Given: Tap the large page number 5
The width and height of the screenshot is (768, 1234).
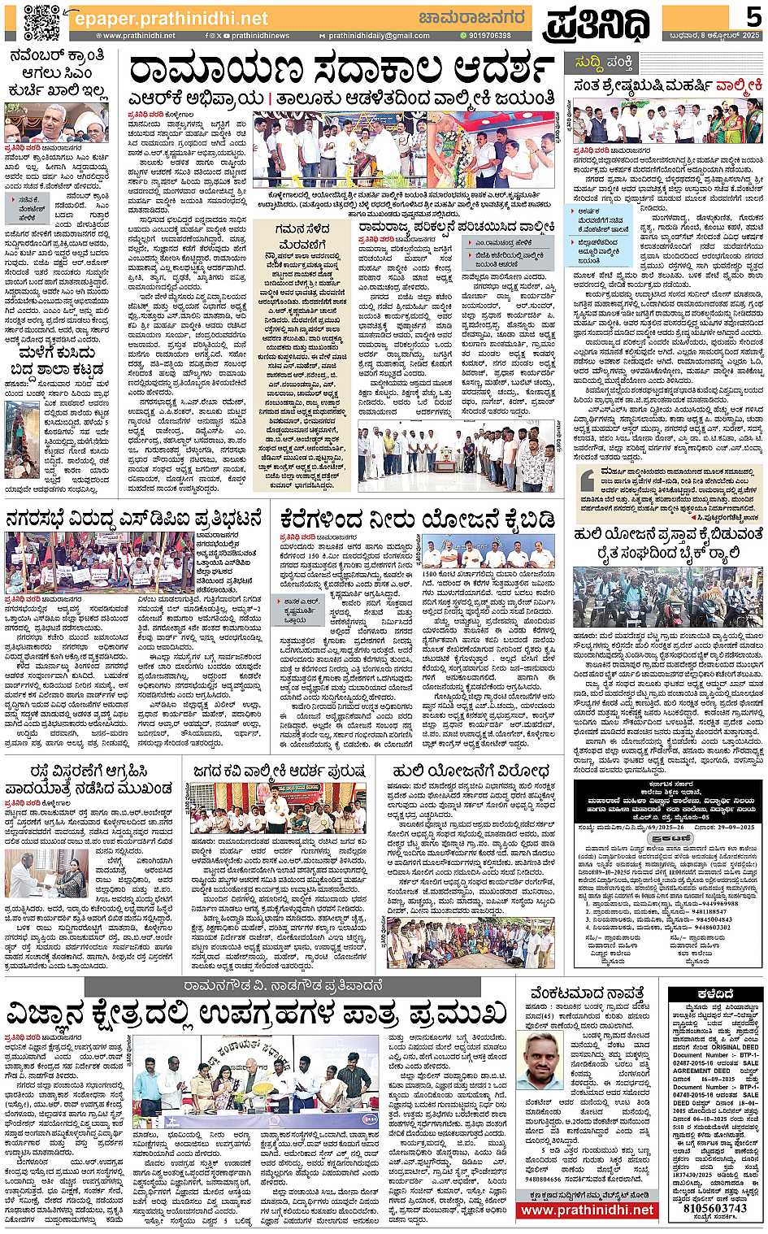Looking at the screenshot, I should [753, 18].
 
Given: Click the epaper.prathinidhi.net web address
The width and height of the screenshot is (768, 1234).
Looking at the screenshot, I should [170, 18].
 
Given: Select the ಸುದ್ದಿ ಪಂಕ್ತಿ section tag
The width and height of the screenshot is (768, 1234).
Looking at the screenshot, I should [603, 62].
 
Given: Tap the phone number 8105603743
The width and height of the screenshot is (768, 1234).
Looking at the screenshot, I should [714, 1208].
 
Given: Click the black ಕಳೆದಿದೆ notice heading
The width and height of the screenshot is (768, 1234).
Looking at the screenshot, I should [715, 993].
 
